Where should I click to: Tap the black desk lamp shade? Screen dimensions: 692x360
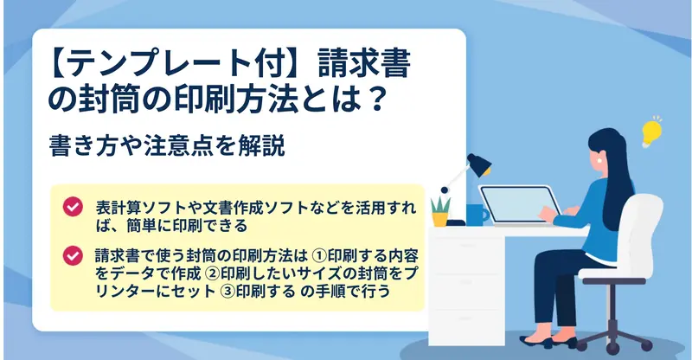(x=479, y=164)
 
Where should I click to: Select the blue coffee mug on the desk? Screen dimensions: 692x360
(x=477, y=215)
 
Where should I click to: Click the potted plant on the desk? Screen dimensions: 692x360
(x=440, y=211)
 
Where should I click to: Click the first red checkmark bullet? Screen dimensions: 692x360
(x=73, y=207)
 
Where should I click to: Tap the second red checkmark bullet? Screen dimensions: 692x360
(x=73, y=256)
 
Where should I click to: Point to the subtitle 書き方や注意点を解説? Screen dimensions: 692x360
(x=167, y=146)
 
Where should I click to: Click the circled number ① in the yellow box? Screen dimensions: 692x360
(x=319, y=255)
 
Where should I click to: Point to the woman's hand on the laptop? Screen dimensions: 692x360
(x=548, y=215)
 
